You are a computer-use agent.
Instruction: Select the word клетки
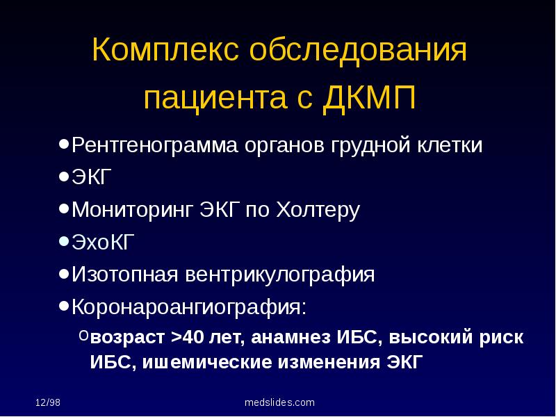450,146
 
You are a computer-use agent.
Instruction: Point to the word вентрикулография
279,275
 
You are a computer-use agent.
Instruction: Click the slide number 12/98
49,402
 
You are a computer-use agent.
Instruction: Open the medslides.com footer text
280,402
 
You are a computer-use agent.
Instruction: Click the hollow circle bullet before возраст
83,336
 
